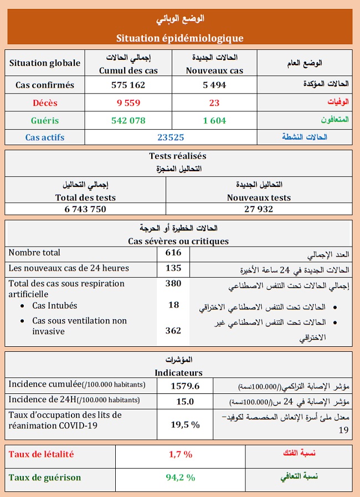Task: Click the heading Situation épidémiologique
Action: coord(180,38)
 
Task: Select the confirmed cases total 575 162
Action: coord(128,85)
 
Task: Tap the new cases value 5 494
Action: coord(214,85)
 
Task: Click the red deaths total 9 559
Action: coord(128,103)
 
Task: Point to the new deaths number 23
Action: coord(214,103)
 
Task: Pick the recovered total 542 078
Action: coord(128,120)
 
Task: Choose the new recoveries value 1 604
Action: coord(214,120)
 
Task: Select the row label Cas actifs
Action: coord(45,137)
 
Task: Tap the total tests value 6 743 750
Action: coord(85,209)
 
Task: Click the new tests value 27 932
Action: coord(259,209)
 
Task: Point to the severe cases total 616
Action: coord(173,253)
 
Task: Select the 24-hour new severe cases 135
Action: coord(173,268)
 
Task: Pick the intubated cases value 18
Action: coord(173,305)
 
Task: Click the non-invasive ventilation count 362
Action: coord(173,331)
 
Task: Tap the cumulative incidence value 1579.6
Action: coord(185,386)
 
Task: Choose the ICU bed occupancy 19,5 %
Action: coord(185,424)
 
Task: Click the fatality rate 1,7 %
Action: coord(181,454)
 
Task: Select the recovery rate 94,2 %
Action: coord(181,477)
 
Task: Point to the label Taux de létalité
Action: coord(41,454)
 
